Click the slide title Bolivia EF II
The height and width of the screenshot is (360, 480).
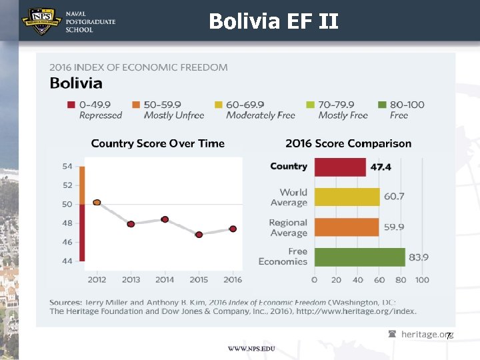point(273,22)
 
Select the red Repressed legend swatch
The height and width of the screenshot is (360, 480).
point(71,105)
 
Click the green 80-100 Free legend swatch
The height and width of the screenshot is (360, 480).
point(382,105)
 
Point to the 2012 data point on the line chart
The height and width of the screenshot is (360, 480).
point(97,202)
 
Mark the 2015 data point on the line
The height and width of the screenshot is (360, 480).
point(199,235)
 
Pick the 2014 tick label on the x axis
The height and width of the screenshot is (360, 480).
point(165,279)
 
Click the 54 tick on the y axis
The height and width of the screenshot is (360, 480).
point(67,166)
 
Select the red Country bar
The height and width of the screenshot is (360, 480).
point(340,167)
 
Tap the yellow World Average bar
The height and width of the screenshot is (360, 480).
point(347,197)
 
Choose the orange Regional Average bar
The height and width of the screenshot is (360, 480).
point(346,227)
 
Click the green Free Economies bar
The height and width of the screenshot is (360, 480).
point(359,257)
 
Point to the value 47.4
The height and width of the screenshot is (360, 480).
point(381,167)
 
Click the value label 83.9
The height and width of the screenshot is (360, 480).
point(418,257)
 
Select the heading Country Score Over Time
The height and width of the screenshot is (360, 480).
point(158,143)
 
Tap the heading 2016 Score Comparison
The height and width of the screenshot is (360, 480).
point(348,143)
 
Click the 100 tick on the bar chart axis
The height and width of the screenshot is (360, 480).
point(421,280)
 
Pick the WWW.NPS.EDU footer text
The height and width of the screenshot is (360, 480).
point(251,349)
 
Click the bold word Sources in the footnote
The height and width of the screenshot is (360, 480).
point(65,302)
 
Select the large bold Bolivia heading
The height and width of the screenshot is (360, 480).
point(77,83)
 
